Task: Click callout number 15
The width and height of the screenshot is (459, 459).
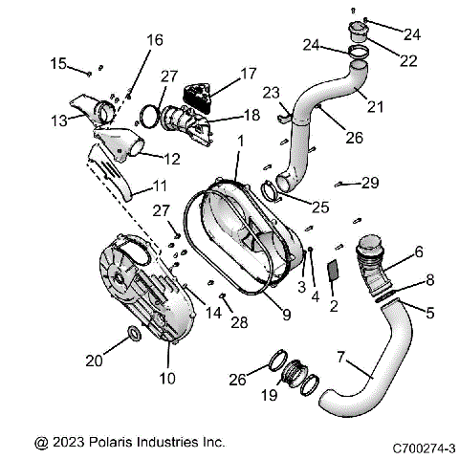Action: (58, 63)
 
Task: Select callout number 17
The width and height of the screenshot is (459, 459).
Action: (249, 73)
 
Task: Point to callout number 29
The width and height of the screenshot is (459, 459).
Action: (370, 182)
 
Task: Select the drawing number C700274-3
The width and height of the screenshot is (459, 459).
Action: (424, 446)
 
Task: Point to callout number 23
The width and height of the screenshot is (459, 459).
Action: (270, 93)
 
